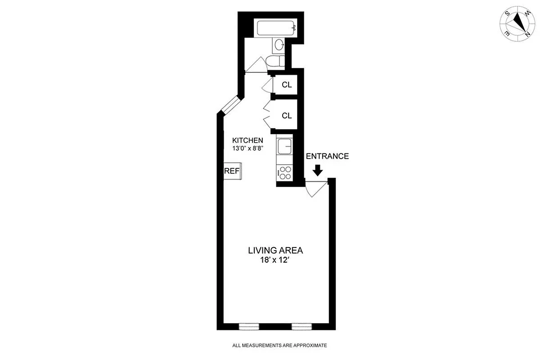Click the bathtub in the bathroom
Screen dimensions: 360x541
click(276, 29)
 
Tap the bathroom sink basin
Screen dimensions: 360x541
click(280, 45)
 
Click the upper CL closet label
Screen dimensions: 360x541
click(287, 85)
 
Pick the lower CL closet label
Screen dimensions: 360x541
click(287, 116)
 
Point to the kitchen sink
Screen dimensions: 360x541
click(285, 146)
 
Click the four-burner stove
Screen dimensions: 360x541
click(285, 173)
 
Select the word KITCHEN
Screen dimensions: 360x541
click(247, 140)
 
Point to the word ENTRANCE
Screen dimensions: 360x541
click(327, 157)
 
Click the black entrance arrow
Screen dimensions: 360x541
click(318, 170)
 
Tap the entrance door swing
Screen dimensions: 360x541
click(315, 188)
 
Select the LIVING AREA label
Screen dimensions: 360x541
click(276, 250)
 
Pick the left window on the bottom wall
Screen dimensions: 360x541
click(249, 326)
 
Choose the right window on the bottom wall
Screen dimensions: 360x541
click(302, 326)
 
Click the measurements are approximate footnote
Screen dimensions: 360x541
click(279, 346)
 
